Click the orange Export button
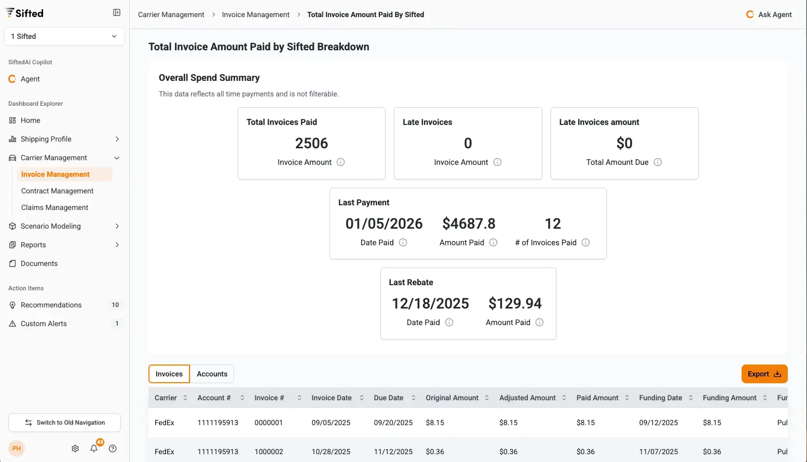[x=764, y=374]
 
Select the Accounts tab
[x=212, y=374]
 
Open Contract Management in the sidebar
[x=57, y=191]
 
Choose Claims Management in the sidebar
[x=54, y=207]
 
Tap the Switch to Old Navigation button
[x=65, y=423]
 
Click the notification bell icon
[x=94, y=449]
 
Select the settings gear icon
[x=75, y=449]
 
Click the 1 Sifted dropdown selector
[x=64, y=36]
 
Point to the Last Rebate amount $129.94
[x=515, y=303]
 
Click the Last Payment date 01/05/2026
[x=384, y=223]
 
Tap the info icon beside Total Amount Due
[x=658, y=162]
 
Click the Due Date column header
[x=389, y=398]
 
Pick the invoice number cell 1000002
[x=269, y=452]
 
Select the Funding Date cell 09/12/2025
[x=659, y=423]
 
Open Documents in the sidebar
[x=39, y=263]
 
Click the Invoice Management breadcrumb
[x=255, y=15]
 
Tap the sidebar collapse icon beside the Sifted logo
[x=117, y=12]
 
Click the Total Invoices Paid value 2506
[x=311, y=143]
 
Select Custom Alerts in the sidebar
[x=44, y=324]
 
